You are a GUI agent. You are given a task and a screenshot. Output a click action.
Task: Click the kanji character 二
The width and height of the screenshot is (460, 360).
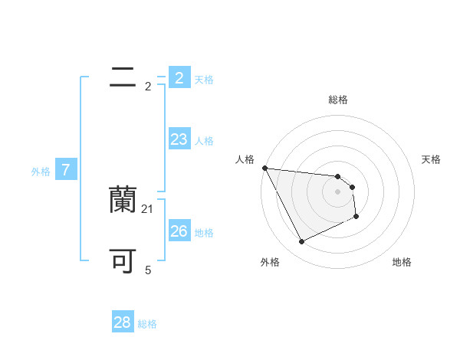[123, 78]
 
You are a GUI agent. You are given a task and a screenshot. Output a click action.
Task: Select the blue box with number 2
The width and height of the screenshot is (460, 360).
[179, 78]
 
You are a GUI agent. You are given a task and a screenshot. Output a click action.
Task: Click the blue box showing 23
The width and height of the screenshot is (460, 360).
[179, 139]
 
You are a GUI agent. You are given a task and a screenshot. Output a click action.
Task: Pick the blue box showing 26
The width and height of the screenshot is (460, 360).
[179, 231]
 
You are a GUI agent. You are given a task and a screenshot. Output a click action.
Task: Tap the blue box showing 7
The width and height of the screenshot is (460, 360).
[66, 170]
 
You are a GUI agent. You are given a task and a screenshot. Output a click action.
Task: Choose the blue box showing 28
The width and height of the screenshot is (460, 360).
[123, 322]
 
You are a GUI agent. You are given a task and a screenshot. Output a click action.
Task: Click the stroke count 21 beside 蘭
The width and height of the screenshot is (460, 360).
[148, 209]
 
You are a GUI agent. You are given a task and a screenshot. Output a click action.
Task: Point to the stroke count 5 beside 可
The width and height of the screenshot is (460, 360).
[148, 270]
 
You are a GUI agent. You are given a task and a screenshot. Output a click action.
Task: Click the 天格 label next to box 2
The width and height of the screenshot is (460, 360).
[204, 80]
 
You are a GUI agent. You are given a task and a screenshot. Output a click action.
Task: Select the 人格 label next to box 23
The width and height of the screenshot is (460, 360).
[204, 141]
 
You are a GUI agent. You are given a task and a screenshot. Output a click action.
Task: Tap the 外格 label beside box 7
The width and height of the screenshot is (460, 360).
[41, 172]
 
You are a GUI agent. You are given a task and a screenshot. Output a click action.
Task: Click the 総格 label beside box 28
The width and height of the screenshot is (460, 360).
[147, 324]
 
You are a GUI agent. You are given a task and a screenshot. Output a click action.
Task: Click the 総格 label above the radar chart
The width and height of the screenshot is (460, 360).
[337, 100]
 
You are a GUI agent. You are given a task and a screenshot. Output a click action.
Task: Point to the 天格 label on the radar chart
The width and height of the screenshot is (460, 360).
[431, 159]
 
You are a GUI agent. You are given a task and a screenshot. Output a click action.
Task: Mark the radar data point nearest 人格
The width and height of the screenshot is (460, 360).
[264, 168]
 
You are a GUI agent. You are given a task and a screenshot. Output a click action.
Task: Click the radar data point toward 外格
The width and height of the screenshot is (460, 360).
[301, 242]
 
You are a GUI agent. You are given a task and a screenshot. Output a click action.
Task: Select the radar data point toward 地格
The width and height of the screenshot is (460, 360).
[356, 217]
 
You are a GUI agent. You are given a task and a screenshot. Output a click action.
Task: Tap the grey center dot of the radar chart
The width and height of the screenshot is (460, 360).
[337, 191]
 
